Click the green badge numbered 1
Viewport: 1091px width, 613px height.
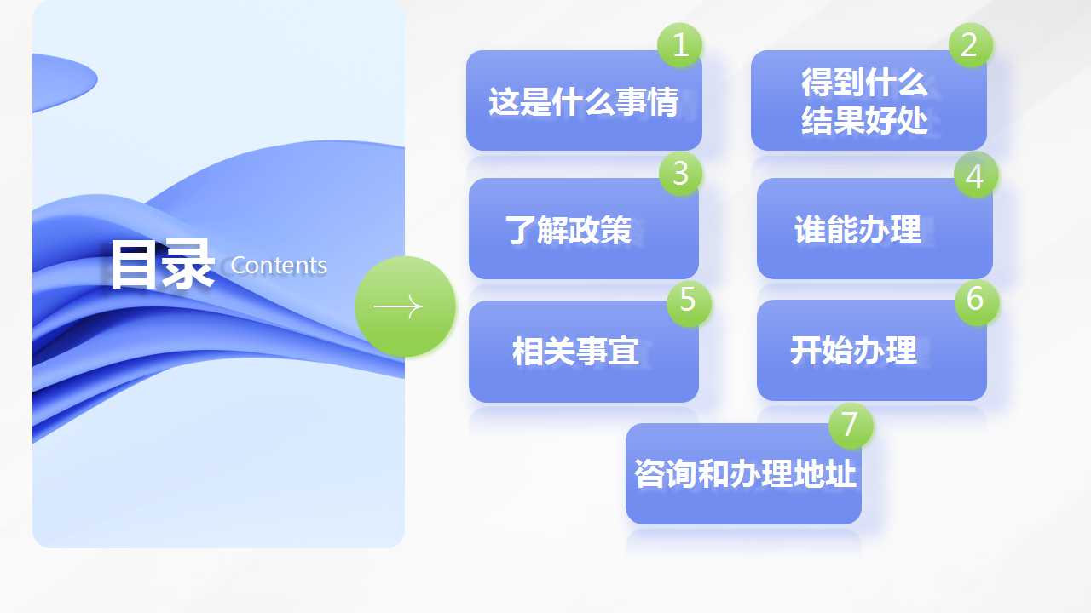[x=679, y=45]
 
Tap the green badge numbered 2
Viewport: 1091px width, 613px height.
[x=971, y=45]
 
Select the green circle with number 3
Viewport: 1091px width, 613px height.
[x=680, y=174]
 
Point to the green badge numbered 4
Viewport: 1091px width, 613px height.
[x=976, y=175]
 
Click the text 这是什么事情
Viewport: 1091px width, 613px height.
[x=584, y=101]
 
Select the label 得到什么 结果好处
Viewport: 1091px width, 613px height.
[x=864, y=100]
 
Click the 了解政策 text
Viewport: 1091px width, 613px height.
[x=568, y=230]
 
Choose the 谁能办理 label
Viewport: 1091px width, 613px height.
[x=857, y=229]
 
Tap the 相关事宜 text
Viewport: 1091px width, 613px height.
[x=575, y=351]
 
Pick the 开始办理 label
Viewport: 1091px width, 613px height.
[x=854, y=350]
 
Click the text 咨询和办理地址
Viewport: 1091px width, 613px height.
[x=745, y=473]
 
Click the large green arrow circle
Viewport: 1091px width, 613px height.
[x=405, y=306]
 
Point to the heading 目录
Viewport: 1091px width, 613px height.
[x=163, y=265]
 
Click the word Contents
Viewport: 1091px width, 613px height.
[x=279, y=266]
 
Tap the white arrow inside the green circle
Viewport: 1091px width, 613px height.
[x=398, y=306]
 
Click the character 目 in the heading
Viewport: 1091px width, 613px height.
[x=133, y=265]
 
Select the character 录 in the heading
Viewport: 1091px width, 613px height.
[x=188, y=265]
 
